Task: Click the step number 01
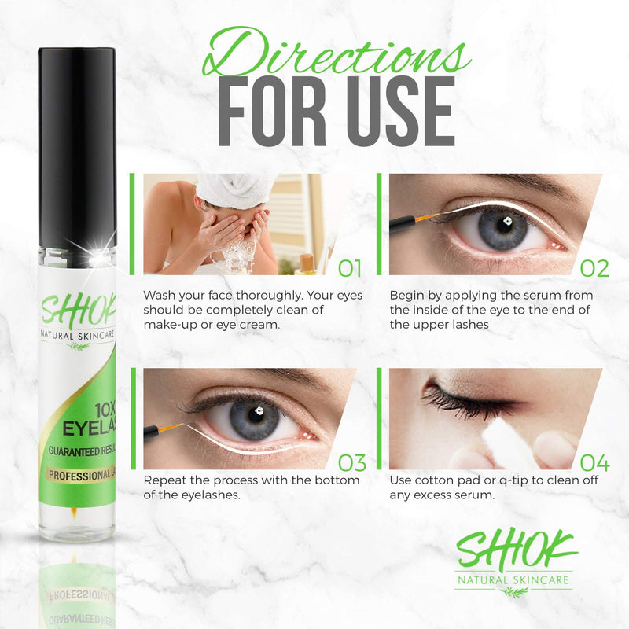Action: tap(350, 268)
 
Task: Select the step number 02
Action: tap(594, 268)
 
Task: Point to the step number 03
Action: tap(350, 462)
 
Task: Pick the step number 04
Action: tap(594, 462)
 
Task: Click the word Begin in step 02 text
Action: tap(409, 296)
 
